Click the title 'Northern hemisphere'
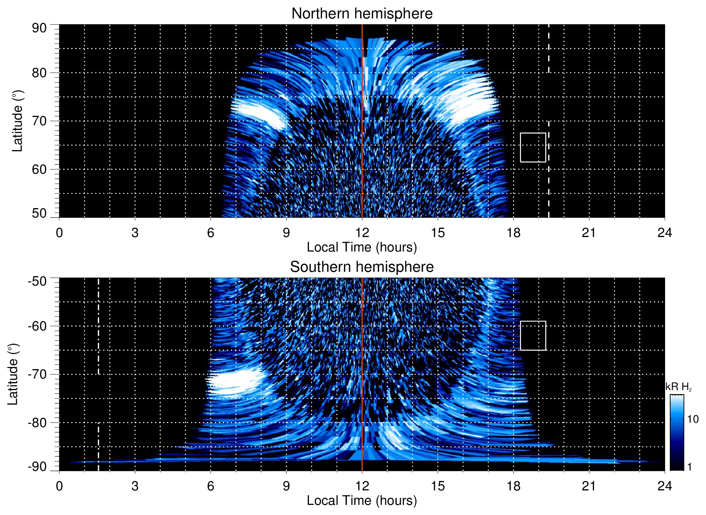click(362, 14)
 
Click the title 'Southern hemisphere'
click(362, 267)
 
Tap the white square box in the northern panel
click(533, 147)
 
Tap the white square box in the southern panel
click(533, 335)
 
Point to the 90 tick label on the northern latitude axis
click(39, 28)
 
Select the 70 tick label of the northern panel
click(39, 121)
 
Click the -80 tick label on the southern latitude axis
click(37, 422)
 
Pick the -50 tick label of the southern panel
click(37, 281)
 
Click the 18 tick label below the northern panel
click(513, 233)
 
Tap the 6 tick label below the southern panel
click(211, 486)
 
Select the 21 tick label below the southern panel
click(589, 486)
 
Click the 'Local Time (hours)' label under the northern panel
click(362, 247)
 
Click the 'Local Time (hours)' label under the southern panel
click(362, 501)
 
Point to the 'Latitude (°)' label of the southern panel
click(13, 374)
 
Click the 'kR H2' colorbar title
click(678, 387)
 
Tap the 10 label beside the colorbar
click(693, 419)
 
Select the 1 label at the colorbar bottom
click(690, 467)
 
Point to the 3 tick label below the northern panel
click(135, 233)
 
